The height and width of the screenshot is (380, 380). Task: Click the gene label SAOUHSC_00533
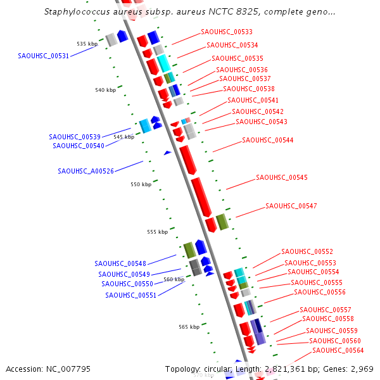(226, 32)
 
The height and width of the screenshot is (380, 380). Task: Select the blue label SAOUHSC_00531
(44, 56)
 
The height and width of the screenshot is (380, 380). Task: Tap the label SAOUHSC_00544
(267, 140)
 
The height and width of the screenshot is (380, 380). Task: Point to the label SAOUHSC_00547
(291, 206)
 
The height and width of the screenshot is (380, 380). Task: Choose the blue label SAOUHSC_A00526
(86, 171)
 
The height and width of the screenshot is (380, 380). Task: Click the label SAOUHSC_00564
(338, 350)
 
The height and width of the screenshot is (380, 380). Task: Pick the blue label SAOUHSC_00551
(130, 295)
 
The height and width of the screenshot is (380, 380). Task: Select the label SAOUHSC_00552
(307, 251)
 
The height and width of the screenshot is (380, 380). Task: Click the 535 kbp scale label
(87, 44)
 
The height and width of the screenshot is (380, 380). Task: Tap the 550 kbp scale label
(141, 184)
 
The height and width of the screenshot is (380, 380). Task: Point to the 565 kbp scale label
(189, 327)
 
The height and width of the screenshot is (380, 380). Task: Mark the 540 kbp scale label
(106, 90)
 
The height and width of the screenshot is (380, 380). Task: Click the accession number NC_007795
(48, 369)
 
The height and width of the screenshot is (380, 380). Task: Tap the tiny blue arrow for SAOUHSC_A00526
(167, 153)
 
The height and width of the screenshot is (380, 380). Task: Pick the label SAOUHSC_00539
(75, 137)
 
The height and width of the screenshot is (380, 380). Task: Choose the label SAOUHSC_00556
(320, 292)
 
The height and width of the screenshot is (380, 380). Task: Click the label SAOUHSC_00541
(253, 100)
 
